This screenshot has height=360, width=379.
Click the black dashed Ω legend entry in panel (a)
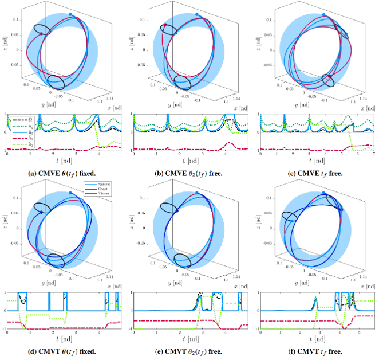[x=22, y=118]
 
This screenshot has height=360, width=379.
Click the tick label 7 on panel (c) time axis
[x=372, y=155]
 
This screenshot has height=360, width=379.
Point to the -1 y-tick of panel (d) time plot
[x=4, y=329]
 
